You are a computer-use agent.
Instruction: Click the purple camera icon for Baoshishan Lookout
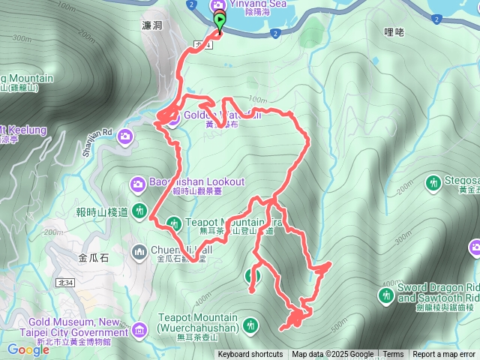pyautogui.click(x=137, y=182)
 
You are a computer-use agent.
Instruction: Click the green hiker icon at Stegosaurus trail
pyautogui.click(x=433, y=182)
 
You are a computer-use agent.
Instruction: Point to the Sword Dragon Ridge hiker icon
pyautogui.click(x=387, y=297)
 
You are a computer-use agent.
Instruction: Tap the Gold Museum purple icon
pyautogui.click(x=139, y=329)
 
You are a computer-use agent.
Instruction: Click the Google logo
pyautogui.click(x=28, y=349)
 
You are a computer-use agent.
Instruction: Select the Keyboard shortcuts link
pyautogui.click(x=250, y=355)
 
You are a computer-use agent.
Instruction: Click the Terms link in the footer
pyautogui.click(x=393, y=355)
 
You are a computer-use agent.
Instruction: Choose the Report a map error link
pyautogui.click(x=444, y=355)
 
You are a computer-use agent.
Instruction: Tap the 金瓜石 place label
pyautogui.click(x=93, y=257)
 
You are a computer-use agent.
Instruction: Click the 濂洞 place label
pyautogui.click(x=152, y=25)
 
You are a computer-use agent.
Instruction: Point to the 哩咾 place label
pyautogui.click(x=394, y=32)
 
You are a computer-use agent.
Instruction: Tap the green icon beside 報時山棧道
pyautogui.click(x=139, y=211)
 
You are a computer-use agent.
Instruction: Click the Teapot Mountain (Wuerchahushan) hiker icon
pyautogui.click(x=252, y=325)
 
